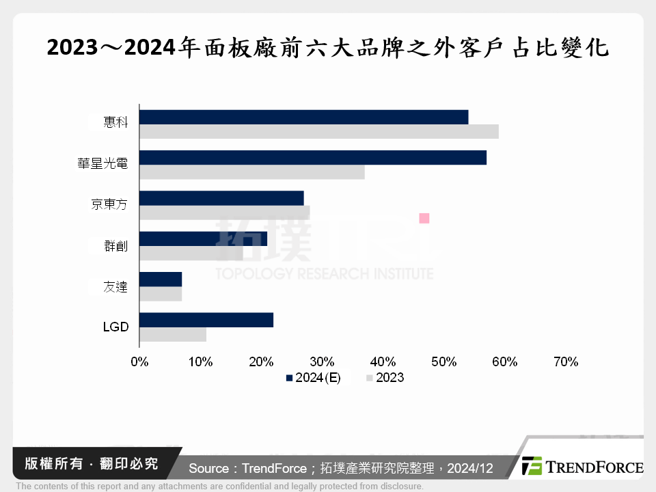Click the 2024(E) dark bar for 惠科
pos(303,117)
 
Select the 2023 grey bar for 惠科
pos(318,132)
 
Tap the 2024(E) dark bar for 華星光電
pos(312,158)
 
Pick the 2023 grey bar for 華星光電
pos(251,172)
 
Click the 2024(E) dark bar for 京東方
pos(221,198)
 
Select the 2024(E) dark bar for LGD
pos(206,320)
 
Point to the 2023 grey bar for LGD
pos(173,335)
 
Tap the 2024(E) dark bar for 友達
pos(161,279)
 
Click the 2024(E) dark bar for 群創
pos(203,238)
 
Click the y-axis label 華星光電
pos(102,164)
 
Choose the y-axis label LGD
pos(115,327)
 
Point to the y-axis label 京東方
pos(109,204)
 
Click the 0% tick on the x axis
pos(139,362)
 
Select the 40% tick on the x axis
pos(383,362)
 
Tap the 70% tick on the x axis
pos(566,362)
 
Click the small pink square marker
pos(424,218)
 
